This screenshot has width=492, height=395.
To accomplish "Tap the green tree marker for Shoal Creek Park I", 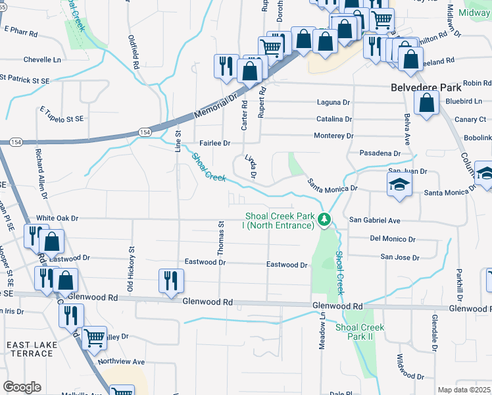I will [x=324, y=219].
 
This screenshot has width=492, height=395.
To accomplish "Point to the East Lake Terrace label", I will [x=30, y=350].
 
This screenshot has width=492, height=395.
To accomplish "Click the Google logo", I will [x=21, y=387].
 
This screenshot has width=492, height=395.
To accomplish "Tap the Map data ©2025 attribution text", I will [x=464, y=390].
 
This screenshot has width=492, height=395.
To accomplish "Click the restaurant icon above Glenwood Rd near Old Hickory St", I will [x=171, y=280].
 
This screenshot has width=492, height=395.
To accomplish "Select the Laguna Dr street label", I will [x=334, y=103].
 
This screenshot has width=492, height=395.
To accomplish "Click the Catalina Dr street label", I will [x=334, y=119].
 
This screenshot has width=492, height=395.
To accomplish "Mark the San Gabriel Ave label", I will [x=374, y=220].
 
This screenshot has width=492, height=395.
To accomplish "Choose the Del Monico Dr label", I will [x=393, y=239].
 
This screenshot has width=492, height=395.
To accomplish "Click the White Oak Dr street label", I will [x=57, y=218].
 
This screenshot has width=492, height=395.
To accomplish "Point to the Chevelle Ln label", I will [x=42, y=59].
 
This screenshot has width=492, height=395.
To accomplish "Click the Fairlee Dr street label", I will [x=215, y=143].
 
